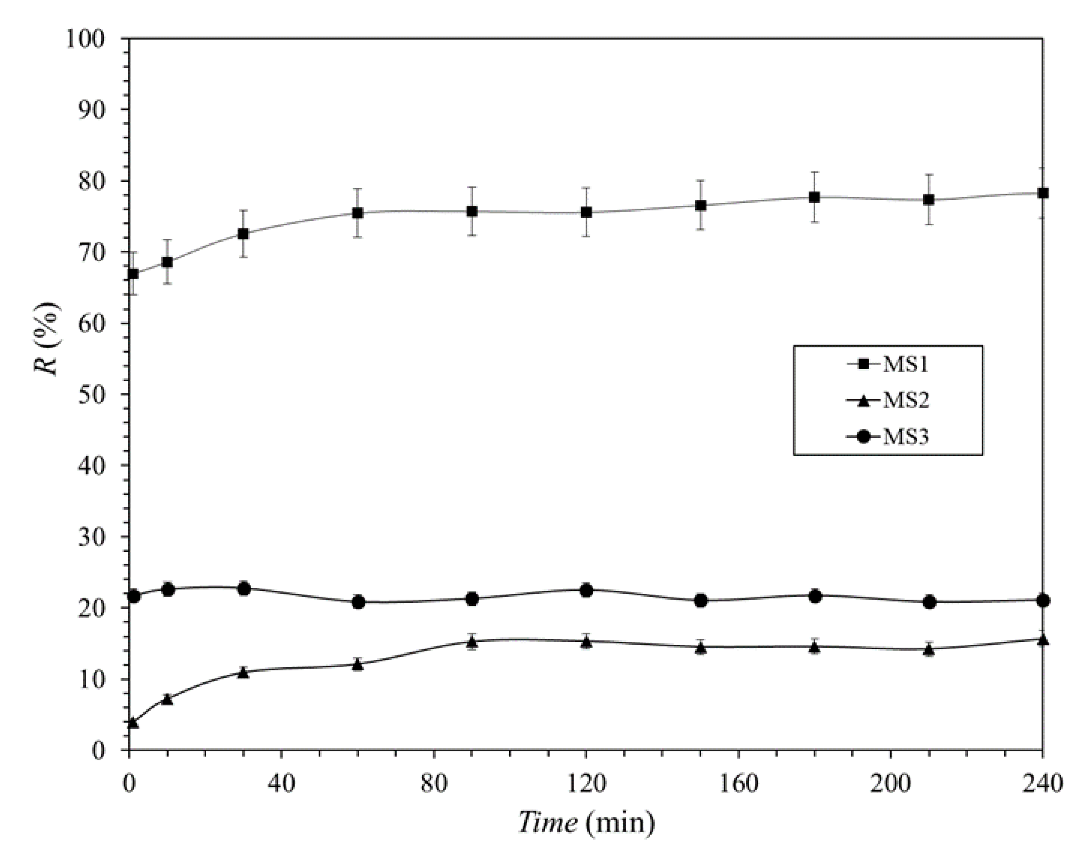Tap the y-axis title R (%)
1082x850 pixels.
48,338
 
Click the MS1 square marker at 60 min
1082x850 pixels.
357,213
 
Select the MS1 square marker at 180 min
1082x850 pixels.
815,197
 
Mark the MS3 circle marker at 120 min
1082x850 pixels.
586,591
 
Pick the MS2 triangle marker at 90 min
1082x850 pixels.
472,641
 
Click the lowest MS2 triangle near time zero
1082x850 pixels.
133,722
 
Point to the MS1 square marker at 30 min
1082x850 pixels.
243,234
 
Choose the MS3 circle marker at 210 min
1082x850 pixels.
929,602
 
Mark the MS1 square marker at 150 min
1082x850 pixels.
701,205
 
